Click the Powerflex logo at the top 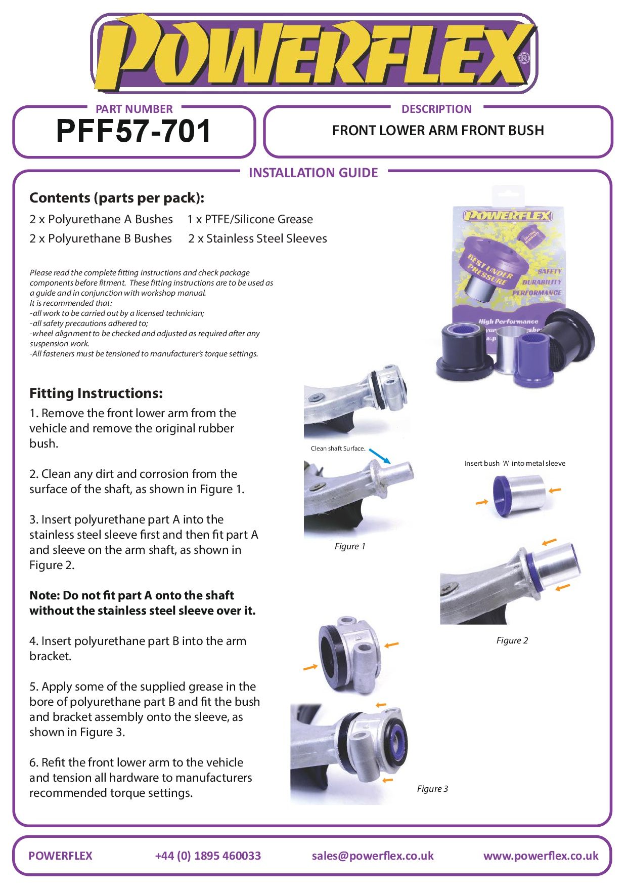[x=313, y=53]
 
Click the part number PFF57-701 [x=133, y=131]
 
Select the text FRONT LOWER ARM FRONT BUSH [x=438, y=131]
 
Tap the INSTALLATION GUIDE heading [x=313, y=173]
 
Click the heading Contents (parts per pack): [x=117, y=198]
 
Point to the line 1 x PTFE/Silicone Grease [x=250, y=219]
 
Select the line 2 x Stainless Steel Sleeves [x=258, y=238]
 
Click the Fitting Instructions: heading [x=96, y=393]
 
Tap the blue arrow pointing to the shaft [x=380, y=456]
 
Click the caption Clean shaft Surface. [x=338, y=449]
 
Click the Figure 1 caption [x=350, y=546]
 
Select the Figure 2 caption [x=512, y=640]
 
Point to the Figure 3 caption [x=432, y=789]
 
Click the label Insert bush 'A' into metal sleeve [x=515, y=463]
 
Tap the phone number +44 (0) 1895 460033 [x=208, y=856]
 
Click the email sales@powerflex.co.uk [x=373, y=856]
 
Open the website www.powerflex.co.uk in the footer [x=541, y=856]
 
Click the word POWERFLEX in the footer [x=61, y=856]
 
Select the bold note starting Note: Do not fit [x=143, y=603]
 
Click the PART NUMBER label [x=134, y=109]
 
